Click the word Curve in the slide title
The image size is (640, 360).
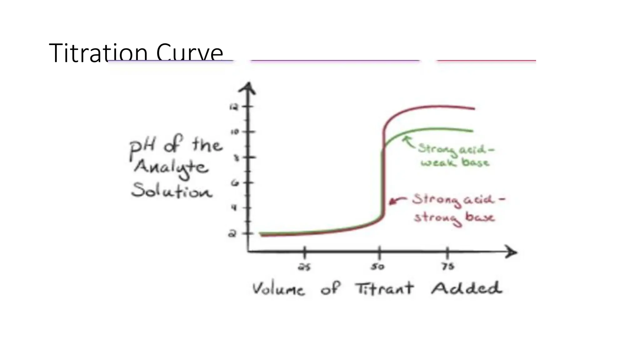click(x=189, y=53)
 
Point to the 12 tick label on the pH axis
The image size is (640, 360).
click(x=234, y=107)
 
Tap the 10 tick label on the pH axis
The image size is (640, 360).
click(x=235, y=132)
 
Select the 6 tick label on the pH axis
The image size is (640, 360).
click(x=235, y=183)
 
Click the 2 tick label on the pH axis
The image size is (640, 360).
click(x=232, y=233)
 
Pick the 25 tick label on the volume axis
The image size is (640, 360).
click(x=304, y=267)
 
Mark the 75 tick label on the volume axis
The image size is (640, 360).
click(x=448, y=267)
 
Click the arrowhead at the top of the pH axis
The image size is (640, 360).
click(x=248, y=87)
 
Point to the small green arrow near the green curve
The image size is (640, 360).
click(x=408, y=142)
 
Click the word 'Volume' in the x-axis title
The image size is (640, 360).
click(x=278, y=289)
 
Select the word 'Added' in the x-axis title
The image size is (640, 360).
click(x=467, y=288)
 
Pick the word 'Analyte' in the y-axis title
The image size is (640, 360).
click(x=171, y=167)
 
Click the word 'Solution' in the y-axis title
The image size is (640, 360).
click(x=172, y=190)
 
